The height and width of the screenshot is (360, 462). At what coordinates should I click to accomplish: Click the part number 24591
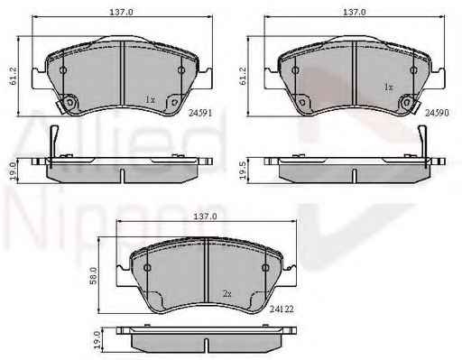[x=200, y=113]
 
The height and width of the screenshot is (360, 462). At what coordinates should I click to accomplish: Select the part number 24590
[x=437, y=113]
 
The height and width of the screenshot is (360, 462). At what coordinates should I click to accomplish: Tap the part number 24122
[x=282, y=309]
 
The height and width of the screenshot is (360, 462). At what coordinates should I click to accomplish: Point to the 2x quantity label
[x=227, y=293]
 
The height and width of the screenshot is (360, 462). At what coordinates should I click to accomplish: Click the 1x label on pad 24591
[x=150, y=99]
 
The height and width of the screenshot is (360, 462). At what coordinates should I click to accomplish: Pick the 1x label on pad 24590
[x=388, y=88]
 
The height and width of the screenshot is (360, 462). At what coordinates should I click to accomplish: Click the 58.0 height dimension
[x=94, y=275]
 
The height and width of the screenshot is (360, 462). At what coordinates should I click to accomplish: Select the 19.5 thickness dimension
[x=243, y=171]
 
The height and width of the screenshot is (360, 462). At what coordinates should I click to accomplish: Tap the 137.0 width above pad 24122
[x=205, y=216]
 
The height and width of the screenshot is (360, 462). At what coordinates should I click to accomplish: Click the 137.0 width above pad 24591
[x=121, y=12]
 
